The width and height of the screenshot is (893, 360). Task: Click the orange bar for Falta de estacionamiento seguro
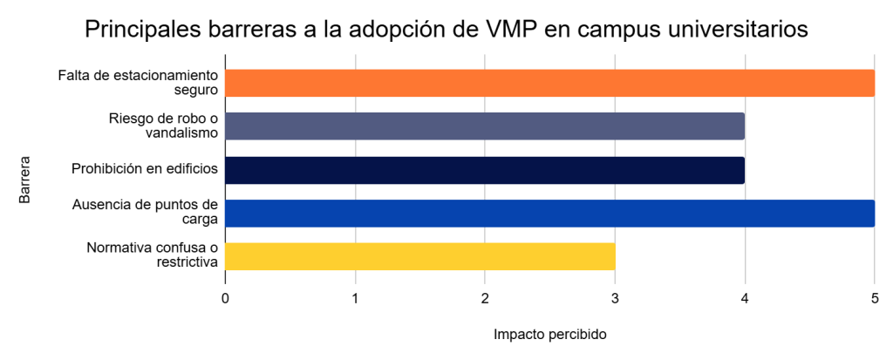point(549,83)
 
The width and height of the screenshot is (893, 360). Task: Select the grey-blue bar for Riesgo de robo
point(485,126)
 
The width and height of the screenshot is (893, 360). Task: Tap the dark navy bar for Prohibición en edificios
point(485,170)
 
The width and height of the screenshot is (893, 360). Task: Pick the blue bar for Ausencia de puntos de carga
point(549,213)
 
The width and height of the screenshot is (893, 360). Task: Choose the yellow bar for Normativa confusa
point(420,256)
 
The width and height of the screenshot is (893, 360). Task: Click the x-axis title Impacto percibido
point(549,335)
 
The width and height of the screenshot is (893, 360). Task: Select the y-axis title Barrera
point(25,180)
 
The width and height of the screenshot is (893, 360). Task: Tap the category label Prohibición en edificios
point(144,169)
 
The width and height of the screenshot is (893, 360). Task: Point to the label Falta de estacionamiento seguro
point(138,83)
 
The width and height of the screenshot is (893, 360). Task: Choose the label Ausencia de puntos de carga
point(145,213)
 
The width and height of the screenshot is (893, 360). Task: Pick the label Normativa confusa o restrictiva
point(152,255)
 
